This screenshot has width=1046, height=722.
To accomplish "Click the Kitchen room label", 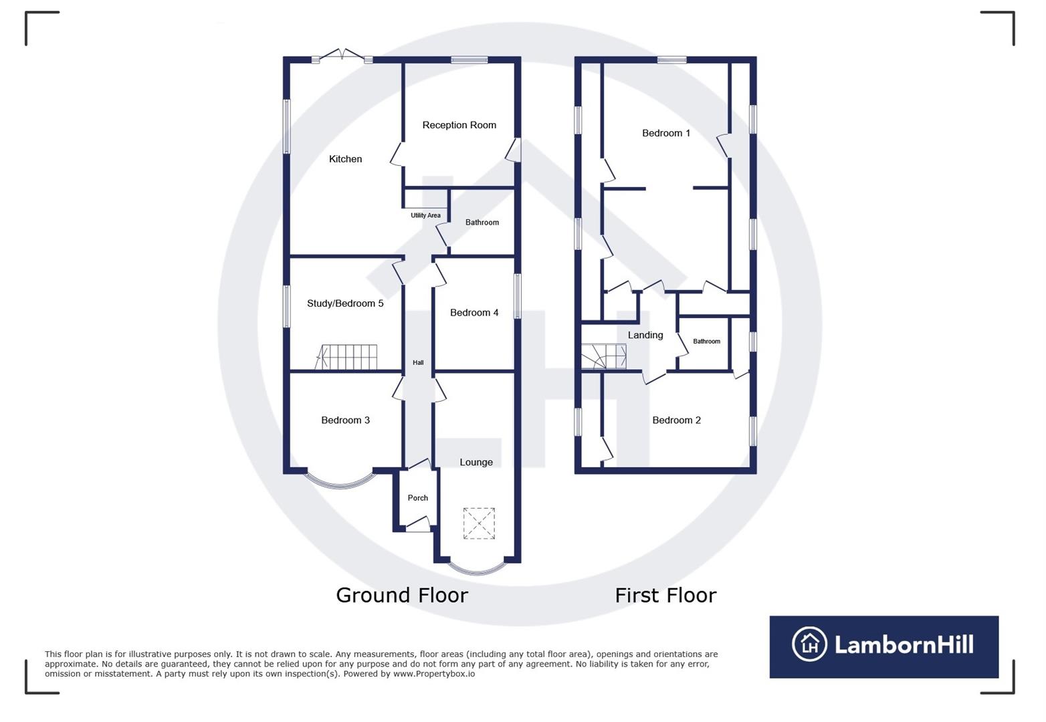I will pos(345,159).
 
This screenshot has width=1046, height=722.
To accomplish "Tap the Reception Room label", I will pos(459,125).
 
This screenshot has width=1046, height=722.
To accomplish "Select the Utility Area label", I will pos(425,215).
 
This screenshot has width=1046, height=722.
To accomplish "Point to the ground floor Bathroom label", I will pos(482,223).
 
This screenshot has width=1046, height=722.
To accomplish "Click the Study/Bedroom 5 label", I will pos(345,304).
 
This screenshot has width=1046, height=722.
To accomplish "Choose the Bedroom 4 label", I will pos(474,313).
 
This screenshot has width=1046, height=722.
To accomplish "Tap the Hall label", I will pos(418,363).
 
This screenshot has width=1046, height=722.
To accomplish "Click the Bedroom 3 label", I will pos(345,420).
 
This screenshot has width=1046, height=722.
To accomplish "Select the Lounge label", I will pos(476,463).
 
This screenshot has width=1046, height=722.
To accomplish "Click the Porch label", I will pos(417,498).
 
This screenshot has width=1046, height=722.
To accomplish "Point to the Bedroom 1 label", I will pos(665,133).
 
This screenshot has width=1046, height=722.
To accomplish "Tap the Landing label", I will pos(645,336).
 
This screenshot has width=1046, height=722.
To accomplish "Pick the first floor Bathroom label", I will pos(706,342).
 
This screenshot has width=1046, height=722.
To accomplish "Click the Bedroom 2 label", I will pos(676,420).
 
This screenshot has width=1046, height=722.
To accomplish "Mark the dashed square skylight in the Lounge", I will pos(479,523).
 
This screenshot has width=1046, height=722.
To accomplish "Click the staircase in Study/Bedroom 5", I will pos(347,357).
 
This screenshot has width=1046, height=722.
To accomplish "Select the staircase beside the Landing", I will pos(603,356).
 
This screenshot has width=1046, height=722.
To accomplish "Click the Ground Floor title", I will pos(401,595).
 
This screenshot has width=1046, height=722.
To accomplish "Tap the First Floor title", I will pos(665,595).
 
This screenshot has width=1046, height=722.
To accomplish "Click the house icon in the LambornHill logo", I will pos(809,644).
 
